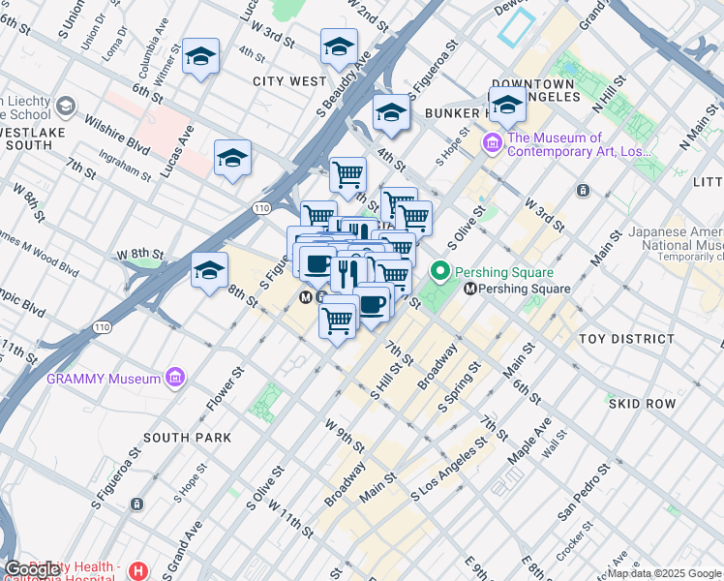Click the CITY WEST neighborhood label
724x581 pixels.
(289, 81)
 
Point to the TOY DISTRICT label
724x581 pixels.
(626, 339)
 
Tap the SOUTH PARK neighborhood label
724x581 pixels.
(187, 438)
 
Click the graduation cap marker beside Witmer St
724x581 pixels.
(200, 57)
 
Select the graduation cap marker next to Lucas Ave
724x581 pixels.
(232, 158)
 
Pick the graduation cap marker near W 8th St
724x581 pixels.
(209, 271)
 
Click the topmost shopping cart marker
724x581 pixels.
(347, 175)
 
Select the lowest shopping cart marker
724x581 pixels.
(337, 319)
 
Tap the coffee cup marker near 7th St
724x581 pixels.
(372, 303)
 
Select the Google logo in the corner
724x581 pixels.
(33, 569)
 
